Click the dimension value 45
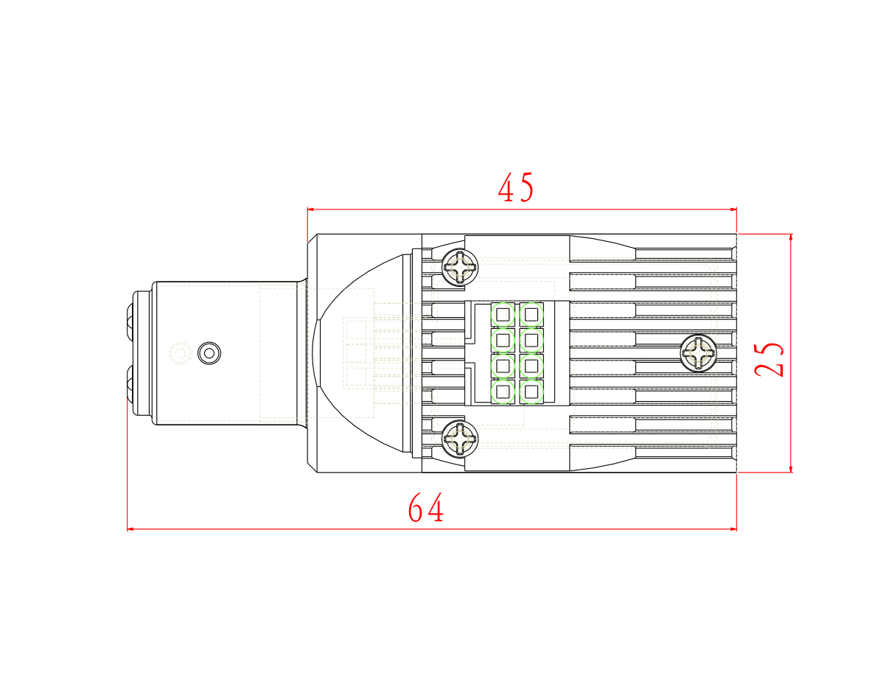(x=516, y=189)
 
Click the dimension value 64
(x=426, y=509)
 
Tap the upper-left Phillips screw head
(x=460, y=267)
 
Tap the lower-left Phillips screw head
(x=459, y=439)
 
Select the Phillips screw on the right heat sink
(x=697, y=352)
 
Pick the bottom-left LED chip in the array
(x=503, y=392)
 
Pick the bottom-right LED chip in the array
(x=531, y=392)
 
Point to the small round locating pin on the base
(x=209, y=353)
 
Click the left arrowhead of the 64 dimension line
(x=131, y=529)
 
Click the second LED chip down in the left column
(x=503, y=340)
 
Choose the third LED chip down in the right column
(x=531, y=366)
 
